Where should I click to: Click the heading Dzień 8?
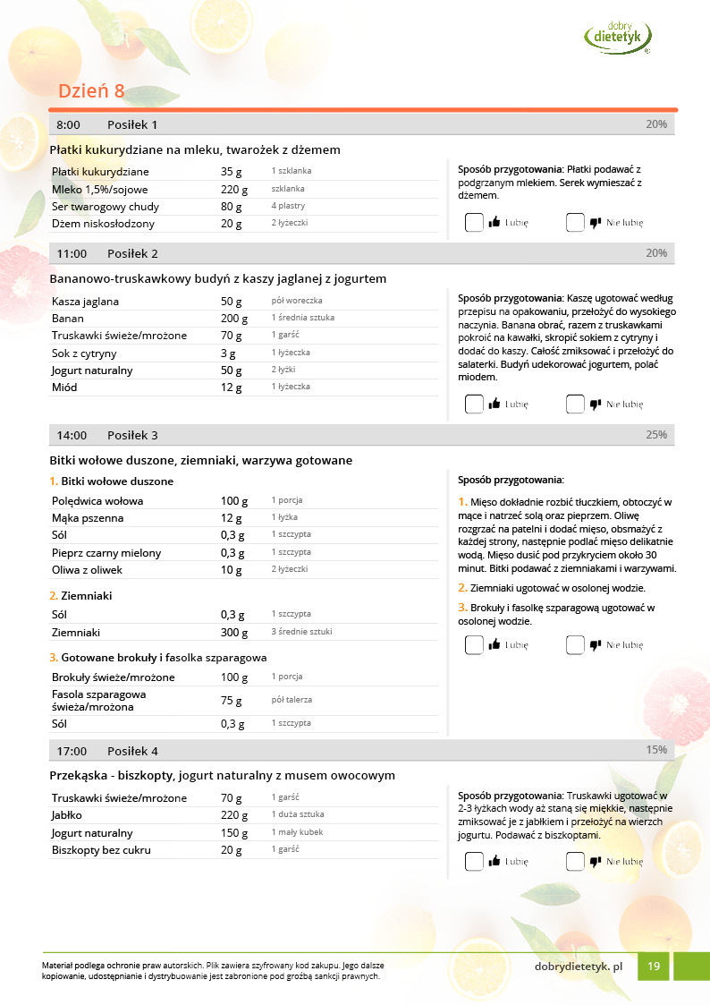(x=91, y=91)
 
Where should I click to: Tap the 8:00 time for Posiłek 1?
(x=69, y=124)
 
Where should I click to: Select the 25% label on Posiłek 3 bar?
(x=656, y=434)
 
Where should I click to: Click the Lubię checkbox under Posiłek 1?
(x=474, y=223)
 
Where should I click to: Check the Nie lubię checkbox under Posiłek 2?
(x=575, y=405)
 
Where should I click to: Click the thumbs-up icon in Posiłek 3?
(x=494, y=644)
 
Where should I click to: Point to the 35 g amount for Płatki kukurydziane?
(x=232, y=172)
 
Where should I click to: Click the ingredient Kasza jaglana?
(x=85, y=302)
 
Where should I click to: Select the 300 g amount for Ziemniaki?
(x=234, y=633)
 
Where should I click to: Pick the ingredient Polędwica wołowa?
(x=97, y=501)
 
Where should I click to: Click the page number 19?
(x=654, y=967)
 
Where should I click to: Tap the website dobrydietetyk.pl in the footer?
(x=578, y=967)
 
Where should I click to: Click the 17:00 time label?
(x=72, y=751)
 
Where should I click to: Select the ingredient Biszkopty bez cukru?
(x=101, y=850)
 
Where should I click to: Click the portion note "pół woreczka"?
(x=297, y=301)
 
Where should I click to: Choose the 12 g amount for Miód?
(x=232, y=388)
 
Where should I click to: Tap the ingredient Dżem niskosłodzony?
(x=103, y=224)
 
